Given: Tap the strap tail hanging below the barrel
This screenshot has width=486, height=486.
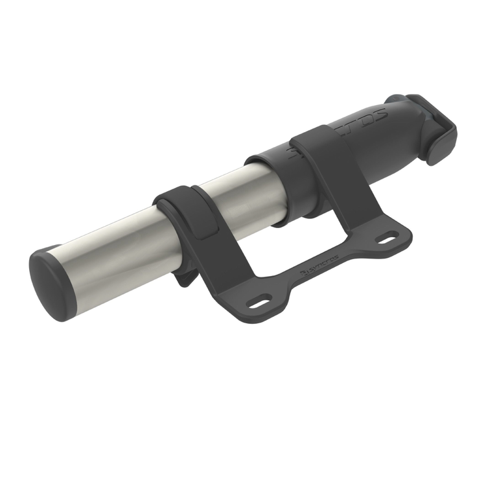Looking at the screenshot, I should [x=185, y=281].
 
